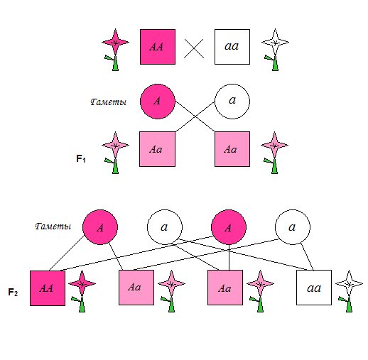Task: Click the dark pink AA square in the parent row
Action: tap(158, 47)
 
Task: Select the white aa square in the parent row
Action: tap(232, 47)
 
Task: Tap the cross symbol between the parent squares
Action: tap(194, 48)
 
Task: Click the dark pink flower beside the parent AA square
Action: tap(115, 50)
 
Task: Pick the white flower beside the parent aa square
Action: tap(275, 50)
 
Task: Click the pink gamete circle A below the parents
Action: tap(158, 102)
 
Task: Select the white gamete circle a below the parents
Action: tap(232, 102)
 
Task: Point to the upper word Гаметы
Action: tap(109, 102)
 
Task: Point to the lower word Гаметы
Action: tap(53, 227)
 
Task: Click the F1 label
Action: tap(81, 158)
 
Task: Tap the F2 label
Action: tap(13, 292)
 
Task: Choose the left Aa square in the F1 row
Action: tap(157, 149)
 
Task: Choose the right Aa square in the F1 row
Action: tap(232, 149)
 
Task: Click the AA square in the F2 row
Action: tap(48, 288)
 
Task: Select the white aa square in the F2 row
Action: tap(314, 288)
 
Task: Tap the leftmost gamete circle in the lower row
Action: tap(100, 227)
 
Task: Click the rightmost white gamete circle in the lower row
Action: tap(293, 227)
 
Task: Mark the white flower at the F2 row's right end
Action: tap(349, 291)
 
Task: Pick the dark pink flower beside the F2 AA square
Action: tap(82, 291)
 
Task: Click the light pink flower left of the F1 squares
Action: tap(115, 153)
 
